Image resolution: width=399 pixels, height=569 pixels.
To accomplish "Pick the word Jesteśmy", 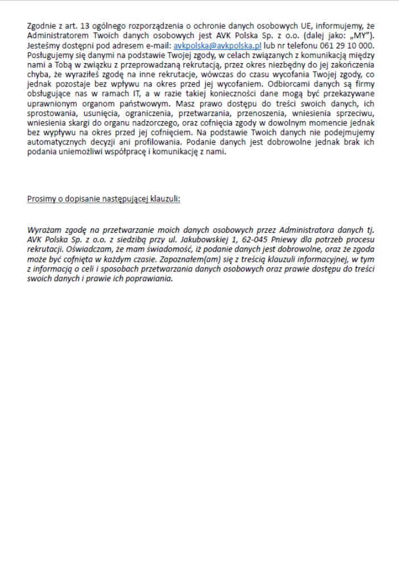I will (x=44, y=46).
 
